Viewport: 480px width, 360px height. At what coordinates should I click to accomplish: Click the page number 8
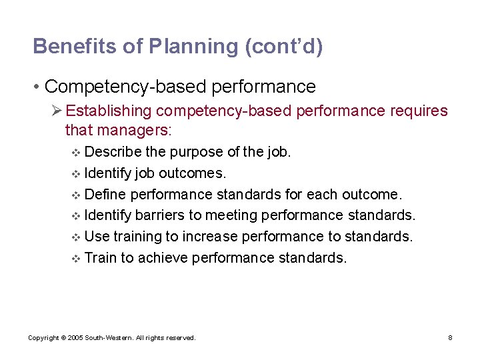pos(450,338)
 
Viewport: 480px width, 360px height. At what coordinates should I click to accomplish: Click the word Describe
pos(111,152)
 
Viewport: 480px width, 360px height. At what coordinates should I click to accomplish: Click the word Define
pos(105,195)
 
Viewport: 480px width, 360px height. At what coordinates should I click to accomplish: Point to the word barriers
pos(159,215)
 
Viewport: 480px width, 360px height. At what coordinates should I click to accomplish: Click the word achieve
pos(162,258)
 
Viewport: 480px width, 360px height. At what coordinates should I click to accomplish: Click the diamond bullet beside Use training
pos(75,237)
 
